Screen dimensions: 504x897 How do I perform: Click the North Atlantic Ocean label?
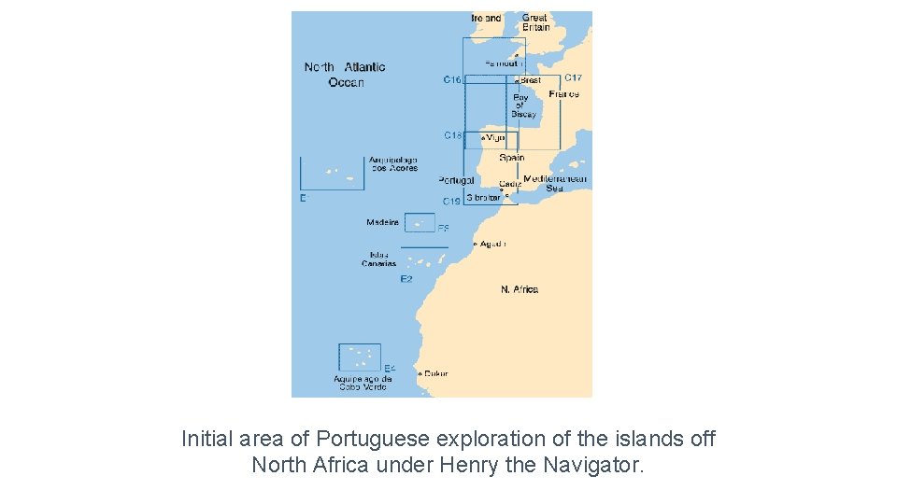point(345,75)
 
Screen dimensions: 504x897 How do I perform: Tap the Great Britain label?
point(535,22)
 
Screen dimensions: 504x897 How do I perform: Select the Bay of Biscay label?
point(522,105)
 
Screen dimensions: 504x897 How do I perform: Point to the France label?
point(563,94)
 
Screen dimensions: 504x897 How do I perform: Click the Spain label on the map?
point(511,158)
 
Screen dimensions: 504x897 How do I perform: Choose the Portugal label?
point(456,180)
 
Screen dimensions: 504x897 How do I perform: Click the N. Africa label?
point(520,289)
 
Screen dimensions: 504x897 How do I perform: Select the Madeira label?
point(382,222)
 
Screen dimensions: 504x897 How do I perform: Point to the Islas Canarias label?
point(379,259)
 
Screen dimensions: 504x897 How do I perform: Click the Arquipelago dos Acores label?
point(393,163)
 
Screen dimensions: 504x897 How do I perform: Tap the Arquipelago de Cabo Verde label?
point(363,383)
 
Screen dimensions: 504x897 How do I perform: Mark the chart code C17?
point(573,78)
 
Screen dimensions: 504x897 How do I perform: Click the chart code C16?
point(452,80)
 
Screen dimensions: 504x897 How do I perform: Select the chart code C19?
point(451,201)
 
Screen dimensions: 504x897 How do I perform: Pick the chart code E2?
point(406,279)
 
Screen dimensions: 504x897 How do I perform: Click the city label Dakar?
point(435,373)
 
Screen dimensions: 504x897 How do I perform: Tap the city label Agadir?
point(492,244)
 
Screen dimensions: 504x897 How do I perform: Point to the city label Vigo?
point(495,137)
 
